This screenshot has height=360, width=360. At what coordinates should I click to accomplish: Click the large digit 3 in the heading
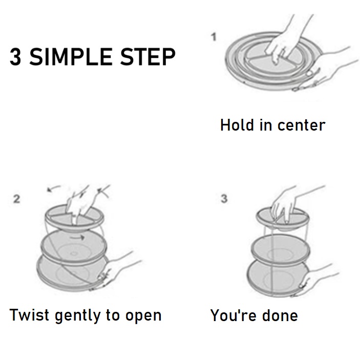[x=16, y=57]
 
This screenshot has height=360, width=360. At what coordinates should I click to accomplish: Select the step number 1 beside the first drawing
[x=214, y=37]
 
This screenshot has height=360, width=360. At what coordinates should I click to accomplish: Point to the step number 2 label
[x=16, y=199]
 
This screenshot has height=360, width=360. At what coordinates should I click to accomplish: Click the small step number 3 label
[x=224, y=199]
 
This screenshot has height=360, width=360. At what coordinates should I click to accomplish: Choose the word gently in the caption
[x=78, y=316]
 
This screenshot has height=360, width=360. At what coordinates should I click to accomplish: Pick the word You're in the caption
[x=234, y=315]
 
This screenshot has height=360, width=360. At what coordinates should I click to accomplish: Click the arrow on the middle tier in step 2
[x=77, y=238]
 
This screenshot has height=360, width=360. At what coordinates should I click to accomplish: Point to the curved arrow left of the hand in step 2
[x=53, y=188]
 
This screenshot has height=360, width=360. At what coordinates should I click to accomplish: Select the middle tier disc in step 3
[x=281, y=250]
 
